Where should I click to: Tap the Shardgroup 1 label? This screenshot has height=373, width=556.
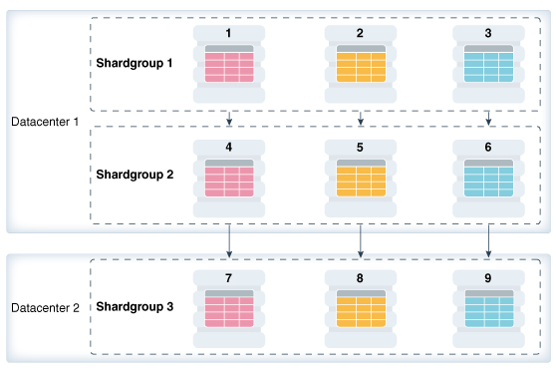click(x=135, y=63)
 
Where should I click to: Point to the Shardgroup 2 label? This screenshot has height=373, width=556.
click(x=135, y=174)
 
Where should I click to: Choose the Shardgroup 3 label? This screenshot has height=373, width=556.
click(x=135, y=305)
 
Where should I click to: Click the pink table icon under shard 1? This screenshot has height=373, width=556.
click(x=229, y=65)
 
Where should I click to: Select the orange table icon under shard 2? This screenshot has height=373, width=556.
click(x=360, y=65)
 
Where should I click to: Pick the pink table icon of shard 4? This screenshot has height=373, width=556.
click(x=229, y=179)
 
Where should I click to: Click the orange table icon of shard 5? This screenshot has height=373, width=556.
click(x=360, y=179)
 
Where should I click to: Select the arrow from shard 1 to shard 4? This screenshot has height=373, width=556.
click(x=229, y=118)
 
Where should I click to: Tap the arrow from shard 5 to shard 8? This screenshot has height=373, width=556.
click(x=360, y=239)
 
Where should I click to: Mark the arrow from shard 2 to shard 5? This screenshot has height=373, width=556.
click(x=360, y=118)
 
